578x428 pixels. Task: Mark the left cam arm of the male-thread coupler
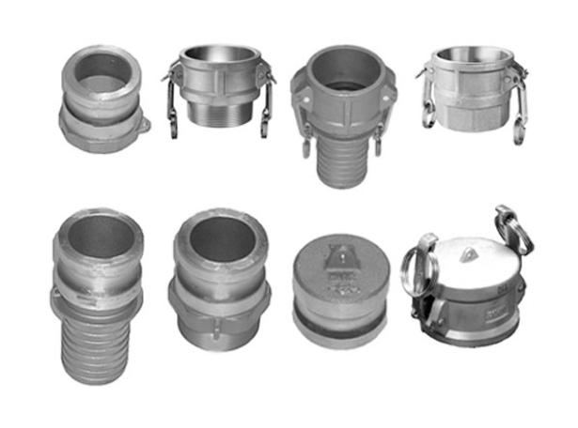[x=174, y=99]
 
